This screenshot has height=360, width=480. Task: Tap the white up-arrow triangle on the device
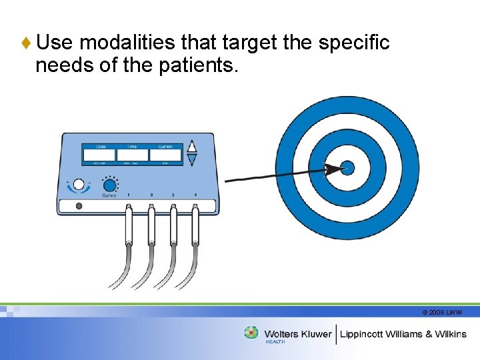[x=192, y=147]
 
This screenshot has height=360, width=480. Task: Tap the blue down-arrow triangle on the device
[x=192, y=160]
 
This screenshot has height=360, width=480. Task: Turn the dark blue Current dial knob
[x=109, y=185]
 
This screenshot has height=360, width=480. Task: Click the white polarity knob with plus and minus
[x=79, y=184]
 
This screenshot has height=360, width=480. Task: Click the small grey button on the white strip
[x=79, y=207]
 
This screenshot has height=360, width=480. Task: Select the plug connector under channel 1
[x=129, y=223]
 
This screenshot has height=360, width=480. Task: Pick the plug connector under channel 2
[x=151, y=223]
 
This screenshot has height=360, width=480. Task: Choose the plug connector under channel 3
[x=173, y=223]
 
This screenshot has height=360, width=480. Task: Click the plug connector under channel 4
[x=195, y=223]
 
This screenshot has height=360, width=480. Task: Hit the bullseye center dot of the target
[x=347, y=167]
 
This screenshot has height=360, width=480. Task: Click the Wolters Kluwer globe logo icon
[x=251, y=333]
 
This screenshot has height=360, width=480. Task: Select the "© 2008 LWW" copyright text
[x=442, y=312]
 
